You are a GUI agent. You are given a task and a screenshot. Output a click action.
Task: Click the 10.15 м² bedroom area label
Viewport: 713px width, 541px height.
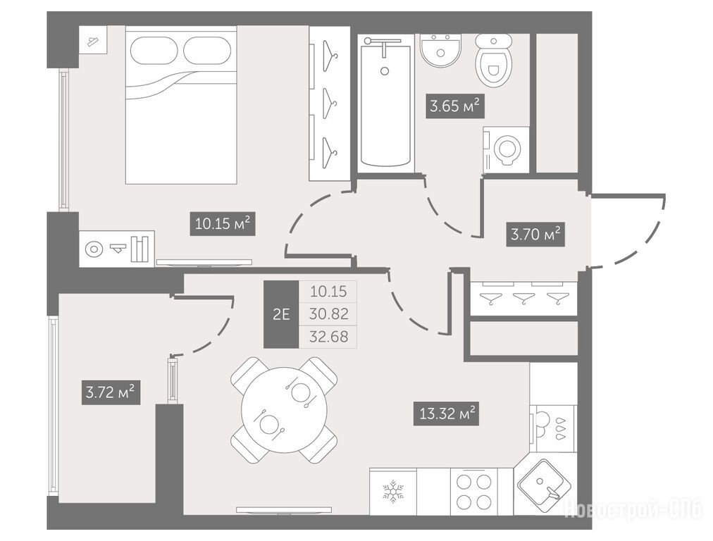pos(223,223)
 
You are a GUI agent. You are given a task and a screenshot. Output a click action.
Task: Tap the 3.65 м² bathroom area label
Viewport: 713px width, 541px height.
pos(454,106)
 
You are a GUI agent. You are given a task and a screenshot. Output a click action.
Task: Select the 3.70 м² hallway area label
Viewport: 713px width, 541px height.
pos(535,234)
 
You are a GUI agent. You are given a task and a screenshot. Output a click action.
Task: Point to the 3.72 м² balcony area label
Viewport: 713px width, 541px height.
pos(111,392)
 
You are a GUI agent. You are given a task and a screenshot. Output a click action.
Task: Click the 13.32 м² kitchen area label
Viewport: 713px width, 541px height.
pos(446,413)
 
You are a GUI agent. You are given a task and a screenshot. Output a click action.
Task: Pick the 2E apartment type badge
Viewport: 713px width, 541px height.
pos(282,314)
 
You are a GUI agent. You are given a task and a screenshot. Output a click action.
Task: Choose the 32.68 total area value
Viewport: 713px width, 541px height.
pos(328,337)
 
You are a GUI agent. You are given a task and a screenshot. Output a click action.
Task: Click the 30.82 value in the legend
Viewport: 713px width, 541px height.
pos(328,313)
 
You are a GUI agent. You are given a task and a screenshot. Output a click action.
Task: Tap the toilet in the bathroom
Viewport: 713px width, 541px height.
pos(493,61)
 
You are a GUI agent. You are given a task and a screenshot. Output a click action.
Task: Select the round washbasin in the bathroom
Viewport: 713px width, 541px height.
pos(440,51)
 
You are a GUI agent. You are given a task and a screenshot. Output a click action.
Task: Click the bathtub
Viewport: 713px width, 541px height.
pos(385,104)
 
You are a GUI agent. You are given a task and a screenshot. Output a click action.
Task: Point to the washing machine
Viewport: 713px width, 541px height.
pos(506,149)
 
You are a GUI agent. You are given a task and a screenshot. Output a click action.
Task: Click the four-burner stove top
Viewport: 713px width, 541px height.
pos(474,492)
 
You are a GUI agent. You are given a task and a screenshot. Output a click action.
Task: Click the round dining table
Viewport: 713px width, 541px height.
pos(284,410)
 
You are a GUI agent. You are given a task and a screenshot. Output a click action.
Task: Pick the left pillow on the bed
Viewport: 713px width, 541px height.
pos(156,50)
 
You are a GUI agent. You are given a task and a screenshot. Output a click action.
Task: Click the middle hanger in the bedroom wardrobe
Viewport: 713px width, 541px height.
pos(329,104)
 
